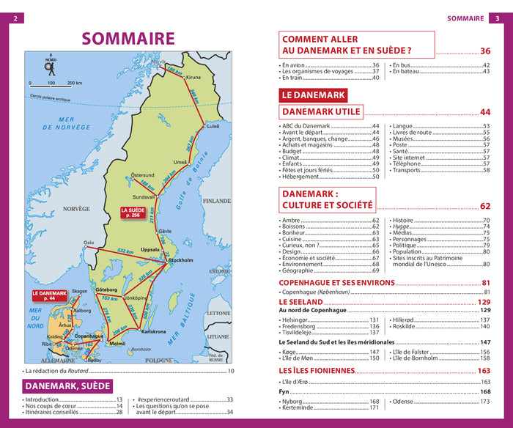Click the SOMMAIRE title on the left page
[x=128, y=39]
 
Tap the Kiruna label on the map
[x=193, y=77]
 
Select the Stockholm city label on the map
[x=181, y=260]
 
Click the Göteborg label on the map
[x=106, y=291]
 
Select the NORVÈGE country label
[x=76, y=209]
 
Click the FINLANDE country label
[x=216, y=200]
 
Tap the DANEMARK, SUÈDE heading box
[x=67, y=386]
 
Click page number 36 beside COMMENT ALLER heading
[x=485, y=51]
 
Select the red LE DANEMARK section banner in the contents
[x=312, y=95]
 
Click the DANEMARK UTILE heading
[x=321, y=111]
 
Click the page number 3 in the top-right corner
[x=498, y=19]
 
